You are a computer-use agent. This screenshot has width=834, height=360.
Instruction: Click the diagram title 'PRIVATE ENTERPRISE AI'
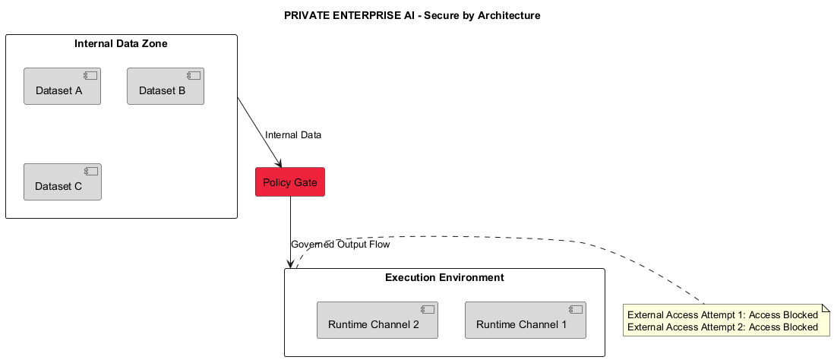pyautogui.click(x=412, y=15)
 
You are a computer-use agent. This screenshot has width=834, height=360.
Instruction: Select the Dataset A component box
pyautogui.click(x=62, y=86)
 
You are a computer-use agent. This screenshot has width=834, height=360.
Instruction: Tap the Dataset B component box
pyautogui.click(x=166, y=86)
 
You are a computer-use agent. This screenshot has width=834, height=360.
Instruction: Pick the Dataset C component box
pyautogui.click(x=62, y=182)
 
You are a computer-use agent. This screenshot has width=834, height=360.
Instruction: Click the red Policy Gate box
pyautogui.click(x=290, y=182)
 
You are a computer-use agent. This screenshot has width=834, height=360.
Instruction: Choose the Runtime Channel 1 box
pyautogui.click(x=525, y=320)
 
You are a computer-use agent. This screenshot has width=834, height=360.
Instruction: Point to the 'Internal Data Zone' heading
pyautogui.click(x=121, y=43)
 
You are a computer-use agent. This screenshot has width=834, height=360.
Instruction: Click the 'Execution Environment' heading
pyautogui.click(x=444, y=277)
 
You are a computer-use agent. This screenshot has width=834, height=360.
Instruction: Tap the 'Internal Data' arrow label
pyautogui.click(x=293, y=135)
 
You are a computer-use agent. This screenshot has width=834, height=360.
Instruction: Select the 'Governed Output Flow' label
pyautogui.click(x=340, y=245)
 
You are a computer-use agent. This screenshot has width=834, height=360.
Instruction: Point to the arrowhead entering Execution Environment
pyautogui.click(x=290, y=264)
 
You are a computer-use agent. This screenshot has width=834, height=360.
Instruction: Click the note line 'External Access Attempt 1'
pyautogui.click(x=722, y=315)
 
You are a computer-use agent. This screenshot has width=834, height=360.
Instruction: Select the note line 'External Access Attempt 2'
pyautogui.click(x=722, y=327)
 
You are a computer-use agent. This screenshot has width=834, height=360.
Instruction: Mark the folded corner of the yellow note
pyautogui.click(x=825, y=308)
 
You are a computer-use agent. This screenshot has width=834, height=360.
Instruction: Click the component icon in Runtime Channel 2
pyautogui.click(x=428, y=310)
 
